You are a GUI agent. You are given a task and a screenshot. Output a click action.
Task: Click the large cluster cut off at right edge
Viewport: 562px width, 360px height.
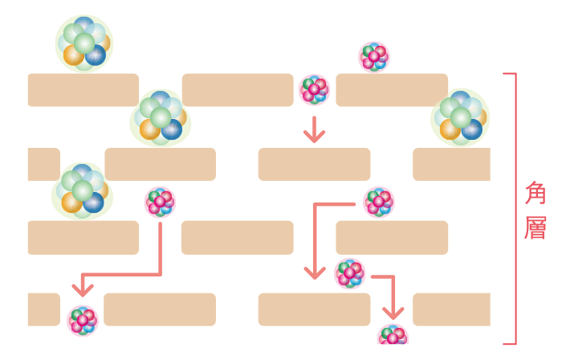461,117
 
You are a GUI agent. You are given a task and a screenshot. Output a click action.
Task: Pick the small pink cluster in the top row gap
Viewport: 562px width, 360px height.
314,90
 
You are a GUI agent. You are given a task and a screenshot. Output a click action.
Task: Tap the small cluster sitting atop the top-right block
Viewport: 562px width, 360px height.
373,56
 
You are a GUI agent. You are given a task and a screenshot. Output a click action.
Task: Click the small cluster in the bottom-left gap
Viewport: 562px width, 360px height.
82,320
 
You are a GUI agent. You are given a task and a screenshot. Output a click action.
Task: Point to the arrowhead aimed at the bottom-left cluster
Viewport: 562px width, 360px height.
82,288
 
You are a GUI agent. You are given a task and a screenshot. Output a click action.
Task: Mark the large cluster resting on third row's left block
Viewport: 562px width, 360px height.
82,191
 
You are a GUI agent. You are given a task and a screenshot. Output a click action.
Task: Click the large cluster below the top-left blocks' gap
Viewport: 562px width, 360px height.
161,118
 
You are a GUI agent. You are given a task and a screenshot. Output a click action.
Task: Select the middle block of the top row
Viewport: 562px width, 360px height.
238,90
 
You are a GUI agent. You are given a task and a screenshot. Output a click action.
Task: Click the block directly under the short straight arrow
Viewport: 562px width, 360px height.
314,164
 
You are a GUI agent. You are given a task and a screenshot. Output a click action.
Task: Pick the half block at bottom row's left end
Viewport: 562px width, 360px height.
43,309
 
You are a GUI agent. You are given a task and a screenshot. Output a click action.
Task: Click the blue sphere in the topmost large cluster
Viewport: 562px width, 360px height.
96,55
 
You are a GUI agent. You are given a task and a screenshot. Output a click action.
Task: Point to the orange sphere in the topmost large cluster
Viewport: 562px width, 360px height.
73,55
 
